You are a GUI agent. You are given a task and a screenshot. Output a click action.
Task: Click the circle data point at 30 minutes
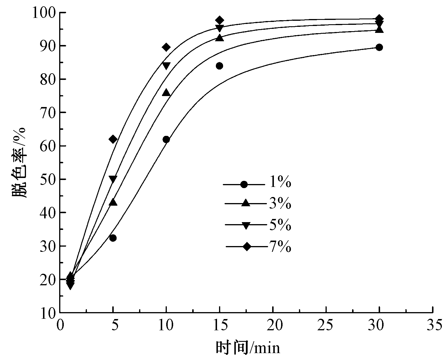click(379, 47)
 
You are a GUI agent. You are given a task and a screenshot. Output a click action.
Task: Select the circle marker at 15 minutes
click(219, 66)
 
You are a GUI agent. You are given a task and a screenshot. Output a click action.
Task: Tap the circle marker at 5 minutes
click(113, 238)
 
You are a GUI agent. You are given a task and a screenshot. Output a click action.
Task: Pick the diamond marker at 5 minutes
click(113, 140)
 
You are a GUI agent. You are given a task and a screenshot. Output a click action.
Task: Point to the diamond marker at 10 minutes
click(166, 47)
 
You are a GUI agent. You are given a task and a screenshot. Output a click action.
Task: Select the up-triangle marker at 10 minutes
click(166, 93)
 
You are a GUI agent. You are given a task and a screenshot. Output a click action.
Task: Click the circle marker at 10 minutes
click(166, 140)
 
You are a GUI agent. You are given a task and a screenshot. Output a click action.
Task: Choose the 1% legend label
click(280, 183)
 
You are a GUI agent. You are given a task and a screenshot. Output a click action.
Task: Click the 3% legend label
click(280, 204)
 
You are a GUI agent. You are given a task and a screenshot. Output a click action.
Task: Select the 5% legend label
click(280, 225)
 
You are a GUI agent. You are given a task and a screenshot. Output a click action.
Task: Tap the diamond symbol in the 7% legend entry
click(247, 247)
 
